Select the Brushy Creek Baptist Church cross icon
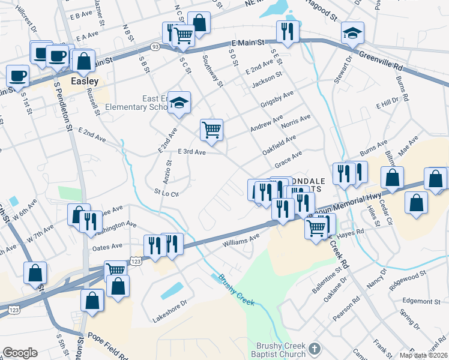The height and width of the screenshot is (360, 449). pos(314,349)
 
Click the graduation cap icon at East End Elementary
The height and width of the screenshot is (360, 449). pos(179,103)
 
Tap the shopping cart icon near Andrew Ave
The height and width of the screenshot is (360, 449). pos(211,129)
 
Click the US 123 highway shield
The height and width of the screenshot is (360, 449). pos(136,261)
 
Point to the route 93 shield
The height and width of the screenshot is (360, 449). pos(155,46)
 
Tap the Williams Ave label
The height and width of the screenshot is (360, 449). pos(241,240)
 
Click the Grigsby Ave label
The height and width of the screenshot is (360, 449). pos(277,98)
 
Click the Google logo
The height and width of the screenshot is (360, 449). pos(20,353)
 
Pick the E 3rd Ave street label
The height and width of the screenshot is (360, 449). pos(191,153)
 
